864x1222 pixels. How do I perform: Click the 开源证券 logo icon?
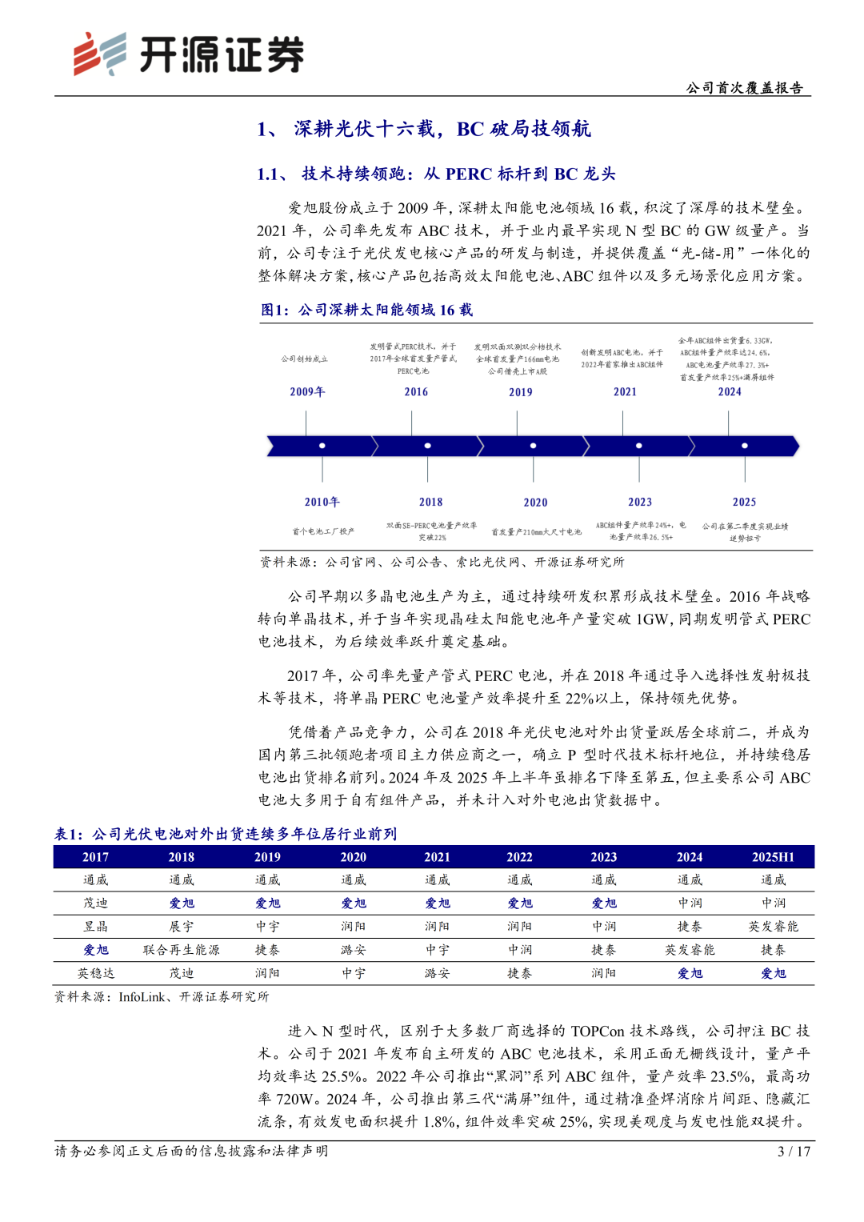[x=99, y=54]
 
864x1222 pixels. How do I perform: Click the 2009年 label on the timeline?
[x=307, y=391]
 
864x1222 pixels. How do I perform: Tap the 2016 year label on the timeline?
[x=416, y=391]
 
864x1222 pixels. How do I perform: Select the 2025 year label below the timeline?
[x=744, y=502]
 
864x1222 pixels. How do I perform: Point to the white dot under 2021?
[x=638, y=445]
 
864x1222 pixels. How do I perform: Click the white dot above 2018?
[x=427, y=445]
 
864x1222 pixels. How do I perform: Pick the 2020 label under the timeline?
[x=535, y=502]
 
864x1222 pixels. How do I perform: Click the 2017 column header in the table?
[x=95, y=856]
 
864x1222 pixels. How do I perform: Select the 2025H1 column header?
[x=773, y=856]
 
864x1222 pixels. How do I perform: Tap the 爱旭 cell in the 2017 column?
[x=95, y=949]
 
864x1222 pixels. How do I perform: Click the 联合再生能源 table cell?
[x=181, y=949]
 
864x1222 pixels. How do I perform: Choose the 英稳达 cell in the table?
[x=95, y=973]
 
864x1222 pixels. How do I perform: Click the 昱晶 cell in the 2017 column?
[x=95, y=926]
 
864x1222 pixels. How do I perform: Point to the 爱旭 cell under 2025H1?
[x=773, y=973]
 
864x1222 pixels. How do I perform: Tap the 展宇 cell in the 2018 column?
[x=181, y=926]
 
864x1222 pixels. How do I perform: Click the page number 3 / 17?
[x=794, y=1151]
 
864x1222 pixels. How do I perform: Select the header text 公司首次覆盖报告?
[x=744, y=88]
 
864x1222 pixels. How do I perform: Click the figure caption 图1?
[x=274, y=310]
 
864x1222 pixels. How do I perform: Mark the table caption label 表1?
[x=68, y=834]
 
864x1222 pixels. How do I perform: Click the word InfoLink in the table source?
[x=142, y=996]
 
